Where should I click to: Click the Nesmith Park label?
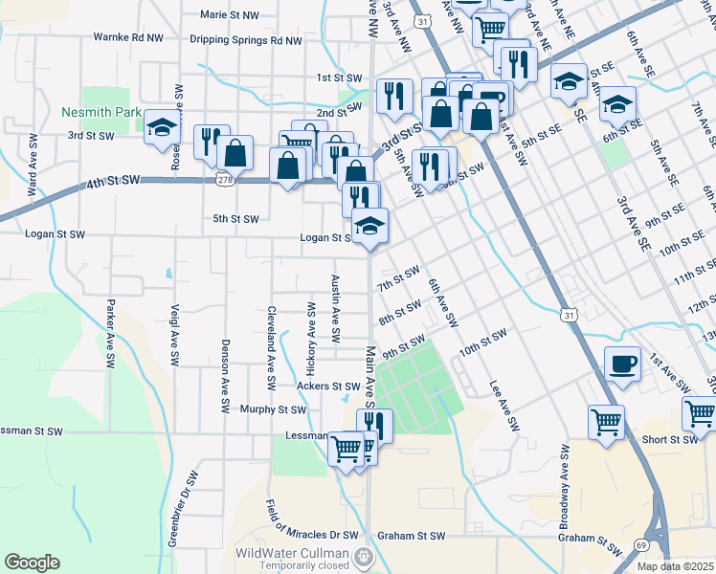(101, 112)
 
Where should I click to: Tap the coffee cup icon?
(622, 364)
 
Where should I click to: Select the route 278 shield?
(223, 179)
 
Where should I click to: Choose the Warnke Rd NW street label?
(128, 37)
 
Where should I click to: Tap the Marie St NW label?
(230, 15)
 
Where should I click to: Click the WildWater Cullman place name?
(293, 554)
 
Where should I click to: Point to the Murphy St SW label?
(273, 409)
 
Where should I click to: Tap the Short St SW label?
(669, 439)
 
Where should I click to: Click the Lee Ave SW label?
(503, 401)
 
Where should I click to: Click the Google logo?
(32, 562)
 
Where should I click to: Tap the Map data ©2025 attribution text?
(675, 567)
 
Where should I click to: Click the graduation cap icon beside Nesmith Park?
(163, 127)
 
